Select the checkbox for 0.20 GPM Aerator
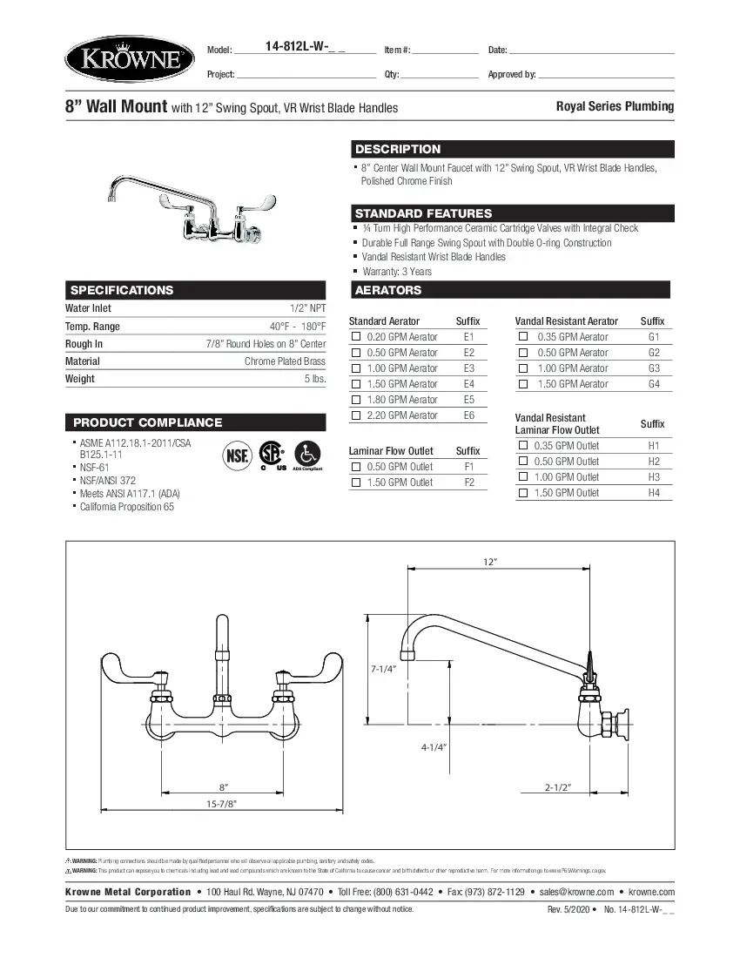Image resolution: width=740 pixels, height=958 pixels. [355, 337]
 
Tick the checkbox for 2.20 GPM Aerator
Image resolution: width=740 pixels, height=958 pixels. [355, 415]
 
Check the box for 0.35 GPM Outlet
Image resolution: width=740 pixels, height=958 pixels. [523, 446]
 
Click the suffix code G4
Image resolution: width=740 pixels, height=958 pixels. [654, 384]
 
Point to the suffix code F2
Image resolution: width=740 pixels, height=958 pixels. [469, 482]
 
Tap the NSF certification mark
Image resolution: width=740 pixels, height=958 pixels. [236, 455]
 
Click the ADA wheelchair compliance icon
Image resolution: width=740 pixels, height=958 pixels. [307, 454]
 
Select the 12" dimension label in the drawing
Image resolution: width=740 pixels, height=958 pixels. [489, 562]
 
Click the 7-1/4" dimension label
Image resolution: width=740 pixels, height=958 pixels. [384, 669]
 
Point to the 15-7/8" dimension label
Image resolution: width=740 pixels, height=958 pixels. [222, 805]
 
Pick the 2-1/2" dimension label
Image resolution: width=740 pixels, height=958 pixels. [557, 787]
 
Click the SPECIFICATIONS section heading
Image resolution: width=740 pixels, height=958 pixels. [122, 290]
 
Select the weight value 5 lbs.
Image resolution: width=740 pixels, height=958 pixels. [314, 379]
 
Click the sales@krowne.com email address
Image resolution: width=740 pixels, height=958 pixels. [576, 892]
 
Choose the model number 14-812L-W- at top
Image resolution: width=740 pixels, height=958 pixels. [303, 49]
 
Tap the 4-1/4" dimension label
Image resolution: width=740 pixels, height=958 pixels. [434, 747]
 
